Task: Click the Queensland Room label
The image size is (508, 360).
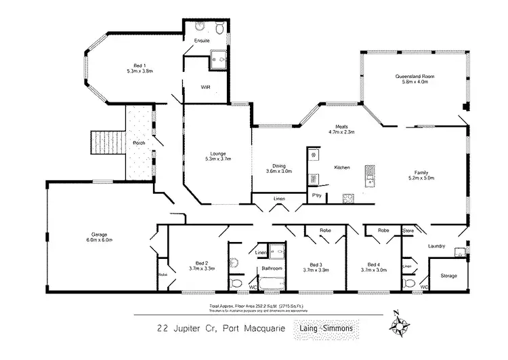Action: click(x=415, y=77)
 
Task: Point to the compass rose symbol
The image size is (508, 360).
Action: click(x=400, y=327)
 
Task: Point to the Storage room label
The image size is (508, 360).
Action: click(x=448, y=276)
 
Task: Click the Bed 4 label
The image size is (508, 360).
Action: click(x=374, y=264)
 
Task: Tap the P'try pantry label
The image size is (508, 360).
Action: click(x=316, y=195)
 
